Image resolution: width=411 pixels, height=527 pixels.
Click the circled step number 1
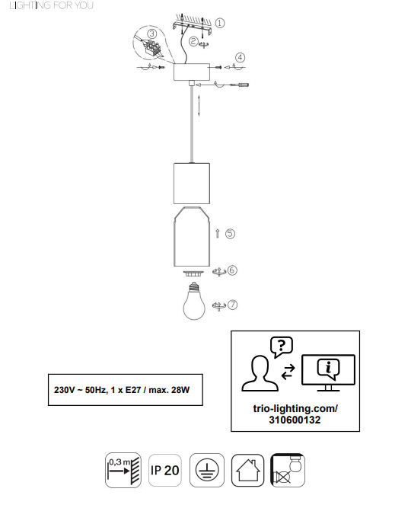pyautogui.click(x=220, y=23)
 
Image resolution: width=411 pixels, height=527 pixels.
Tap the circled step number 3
pyautogui.click(x=152, y=34)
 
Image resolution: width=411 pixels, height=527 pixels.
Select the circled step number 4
pyautogui.click(x=240, y=57)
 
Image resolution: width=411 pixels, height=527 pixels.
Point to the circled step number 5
pyautogui.click(x=230, y=234)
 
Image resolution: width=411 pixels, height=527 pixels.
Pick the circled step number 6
pyautogui.click(x=232, y=270)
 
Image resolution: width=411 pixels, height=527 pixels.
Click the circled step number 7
pyautogui.click(x=233, y=305)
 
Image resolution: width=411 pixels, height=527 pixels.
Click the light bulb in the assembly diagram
pyautogui.click(x=194, y=301)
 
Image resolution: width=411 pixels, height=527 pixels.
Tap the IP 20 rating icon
pyautogui.click(x=165, y=470)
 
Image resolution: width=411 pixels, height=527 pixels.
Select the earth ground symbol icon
pyautogui.click(x=207, y=470)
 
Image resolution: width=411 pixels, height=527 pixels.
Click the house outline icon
pyautogui.click(x=248, y=470)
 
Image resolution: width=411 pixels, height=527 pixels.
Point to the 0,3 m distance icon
pyautogui.click(x=123, y=470)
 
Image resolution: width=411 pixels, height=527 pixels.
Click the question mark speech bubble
pyautogui.click(x=282, y=347)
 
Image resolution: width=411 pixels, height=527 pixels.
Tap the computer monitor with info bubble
pyautogui.click(x=328, y=372)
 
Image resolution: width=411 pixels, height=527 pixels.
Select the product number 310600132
pyautogui.click(x=295, y=420)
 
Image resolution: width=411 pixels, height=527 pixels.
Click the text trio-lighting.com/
pyautogui.click(x=295, y=409)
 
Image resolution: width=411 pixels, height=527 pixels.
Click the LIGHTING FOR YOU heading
pyautogui.click(x=52, y=5)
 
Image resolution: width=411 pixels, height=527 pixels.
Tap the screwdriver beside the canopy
pyautogui.click(x=240, y=85)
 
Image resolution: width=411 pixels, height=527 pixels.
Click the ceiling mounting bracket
pyautogui.click(x=192, y=27)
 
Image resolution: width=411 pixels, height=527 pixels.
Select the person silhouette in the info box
pyautogui.click(x=260, y=374)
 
